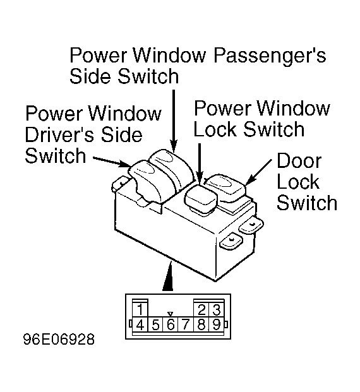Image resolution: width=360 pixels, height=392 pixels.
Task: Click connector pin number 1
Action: click(x=140, y=309)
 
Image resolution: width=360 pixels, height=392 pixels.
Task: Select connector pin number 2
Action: click(x=201, y=309)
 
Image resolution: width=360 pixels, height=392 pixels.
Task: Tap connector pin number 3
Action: click(x=217, y=309)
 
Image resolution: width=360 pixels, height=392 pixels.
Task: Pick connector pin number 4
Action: click(x=140, y=324)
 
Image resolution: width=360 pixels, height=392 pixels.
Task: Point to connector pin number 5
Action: click(x=155, y=324)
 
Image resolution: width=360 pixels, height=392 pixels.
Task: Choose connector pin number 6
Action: click(x=171, y=324)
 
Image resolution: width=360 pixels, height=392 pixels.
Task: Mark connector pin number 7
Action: click(x=186, y=324)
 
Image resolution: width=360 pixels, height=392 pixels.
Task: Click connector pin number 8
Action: click(x=201, y=324)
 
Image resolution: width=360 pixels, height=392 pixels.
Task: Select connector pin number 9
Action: click(x=217, y=324)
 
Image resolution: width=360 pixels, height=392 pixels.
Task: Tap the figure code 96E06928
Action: click(x=59, y=340)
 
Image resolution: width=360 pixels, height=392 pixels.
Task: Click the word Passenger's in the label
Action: click(x=270, y=56)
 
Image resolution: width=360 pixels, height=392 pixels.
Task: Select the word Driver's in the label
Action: click(x=61, y=134)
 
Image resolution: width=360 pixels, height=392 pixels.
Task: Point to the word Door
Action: click(x=299, y=161)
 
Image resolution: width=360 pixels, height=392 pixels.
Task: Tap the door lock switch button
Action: click(x=225, y=186)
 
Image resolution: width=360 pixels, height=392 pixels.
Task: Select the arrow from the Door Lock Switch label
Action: click(x=259, y=172)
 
